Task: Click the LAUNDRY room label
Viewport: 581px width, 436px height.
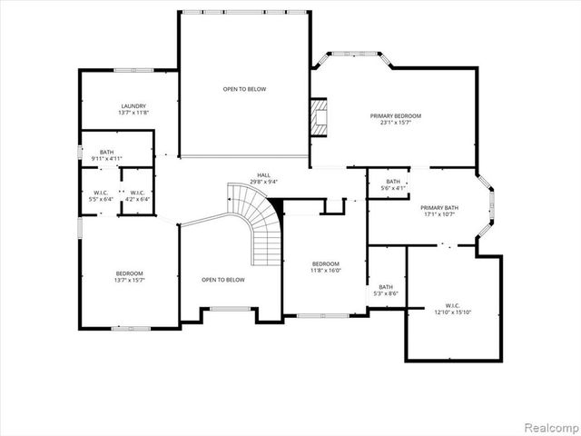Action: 133,105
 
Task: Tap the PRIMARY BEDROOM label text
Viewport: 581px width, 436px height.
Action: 395,115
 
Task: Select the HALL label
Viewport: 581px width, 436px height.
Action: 263,175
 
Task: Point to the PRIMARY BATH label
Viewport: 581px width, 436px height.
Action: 438,208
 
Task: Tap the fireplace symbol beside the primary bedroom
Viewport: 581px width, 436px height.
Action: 318,116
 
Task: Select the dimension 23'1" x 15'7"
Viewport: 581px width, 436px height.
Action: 395,123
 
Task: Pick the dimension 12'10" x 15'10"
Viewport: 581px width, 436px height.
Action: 452,312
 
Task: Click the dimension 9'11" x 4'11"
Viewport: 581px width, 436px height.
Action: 107,159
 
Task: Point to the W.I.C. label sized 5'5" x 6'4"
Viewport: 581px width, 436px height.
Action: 101,193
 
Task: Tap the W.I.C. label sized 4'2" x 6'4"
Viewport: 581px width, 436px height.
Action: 136,193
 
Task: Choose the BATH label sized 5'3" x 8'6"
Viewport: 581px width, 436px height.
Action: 386,287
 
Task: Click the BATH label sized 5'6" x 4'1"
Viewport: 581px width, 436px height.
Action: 392,182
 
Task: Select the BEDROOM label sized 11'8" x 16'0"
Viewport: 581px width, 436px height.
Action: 324,263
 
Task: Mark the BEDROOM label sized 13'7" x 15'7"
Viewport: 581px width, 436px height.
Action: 128,273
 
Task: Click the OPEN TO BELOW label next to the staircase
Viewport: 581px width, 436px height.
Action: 222,280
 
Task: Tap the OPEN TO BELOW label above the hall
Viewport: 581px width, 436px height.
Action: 244,89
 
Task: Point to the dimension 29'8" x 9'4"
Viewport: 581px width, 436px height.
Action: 263,182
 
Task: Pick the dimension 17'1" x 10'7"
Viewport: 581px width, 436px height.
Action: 438,214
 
